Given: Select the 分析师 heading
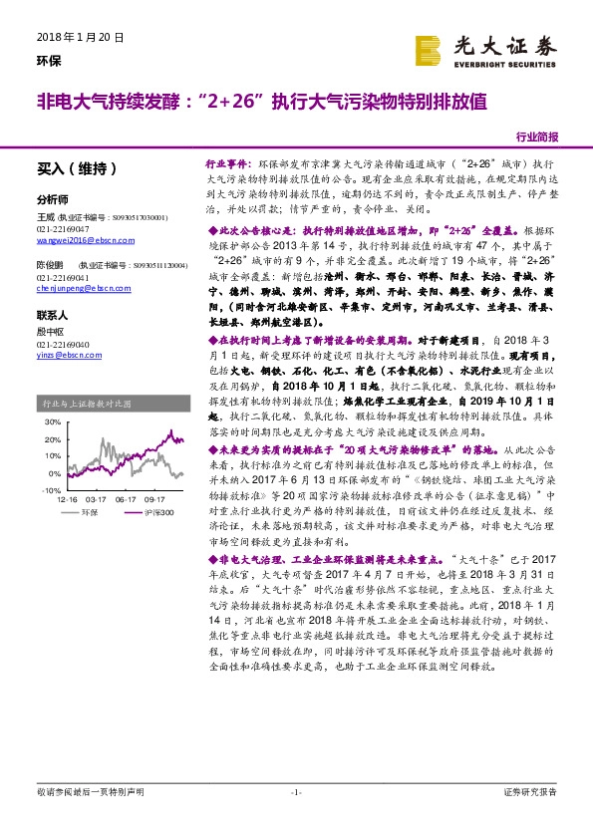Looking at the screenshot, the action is [52, 198].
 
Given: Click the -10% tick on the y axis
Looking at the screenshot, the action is [52, 491].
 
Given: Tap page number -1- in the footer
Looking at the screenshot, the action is [296, 791].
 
